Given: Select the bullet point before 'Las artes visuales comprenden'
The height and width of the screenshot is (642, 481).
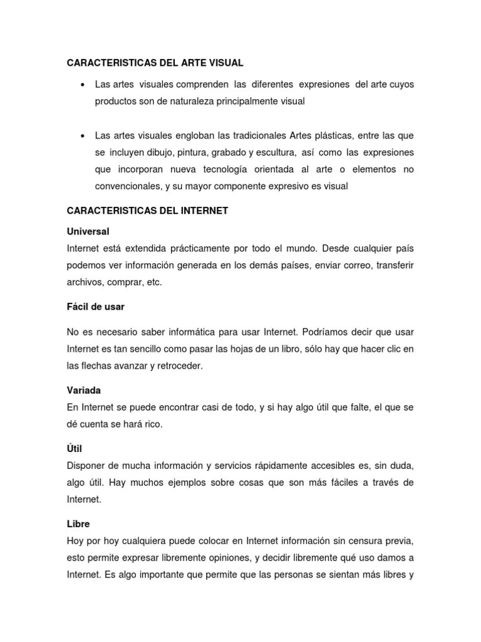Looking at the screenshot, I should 83,85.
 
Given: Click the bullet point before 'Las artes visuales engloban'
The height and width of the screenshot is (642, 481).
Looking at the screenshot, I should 83,136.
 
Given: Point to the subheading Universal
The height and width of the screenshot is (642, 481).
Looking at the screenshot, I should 88,231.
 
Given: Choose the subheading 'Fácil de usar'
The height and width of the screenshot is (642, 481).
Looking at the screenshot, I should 96,307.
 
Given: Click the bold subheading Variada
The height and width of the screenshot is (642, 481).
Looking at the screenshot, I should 84,390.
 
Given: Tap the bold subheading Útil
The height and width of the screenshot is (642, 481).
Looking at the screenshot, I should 75,449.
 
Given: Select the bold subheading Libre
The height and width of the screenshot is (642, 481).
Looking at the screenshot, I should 78,523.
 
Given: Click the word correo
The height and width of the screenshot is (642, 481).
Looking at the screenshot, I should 353,265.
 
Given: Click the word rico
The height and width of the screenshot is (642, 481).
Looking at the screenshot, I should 152,424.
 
